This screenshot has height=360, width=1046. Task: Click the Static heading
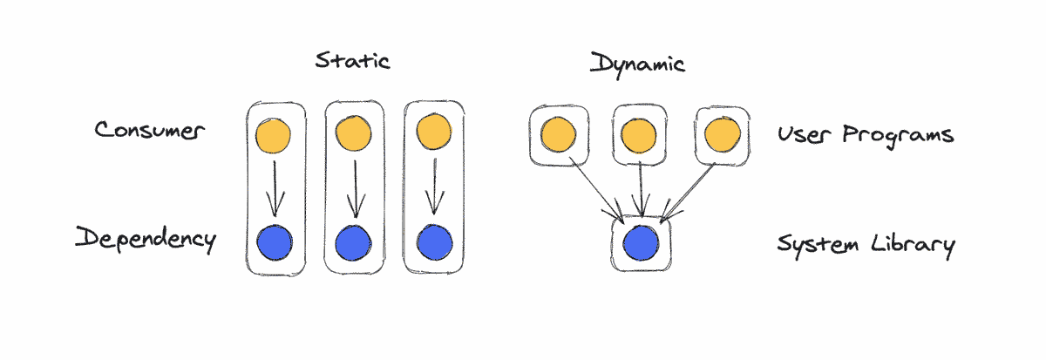pyautogui.click(x=352, y=61)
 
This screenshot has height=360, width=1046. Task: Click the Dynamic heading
pyautogui.click(x=636, y=63)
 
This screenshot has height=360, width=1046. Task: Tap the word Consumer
pyautogui.click(x=149, y=132)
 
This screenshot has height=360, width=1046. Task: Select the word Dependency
pyautogui.click(x=145, y=238)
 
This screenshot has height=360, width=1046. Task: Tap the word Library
pyautogui.click(x=913, y=243)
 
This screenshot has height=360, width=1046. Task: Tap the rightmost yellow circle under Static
pyautogui.click(x=432, y=133)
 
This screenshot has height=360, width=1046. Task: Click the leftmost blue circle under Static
pyautogui.click(x=275, y=241)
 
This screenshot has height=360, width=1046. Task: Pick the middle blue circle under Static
pyautogui.click(x=353, y=241)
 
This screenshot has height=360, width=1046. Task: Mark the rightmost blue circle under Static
pyautogui.click(x=432, y=241)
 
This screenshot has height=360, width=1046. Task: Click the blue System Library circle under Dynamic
pyautogui.click(x=642, y=241)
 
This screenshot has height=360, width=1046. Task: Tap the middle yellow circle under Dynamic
pyautogui.click(x=640, y=135)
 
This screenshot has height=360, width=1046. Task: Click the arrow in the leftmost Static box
pyautogui.click(x=275, y=187)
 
